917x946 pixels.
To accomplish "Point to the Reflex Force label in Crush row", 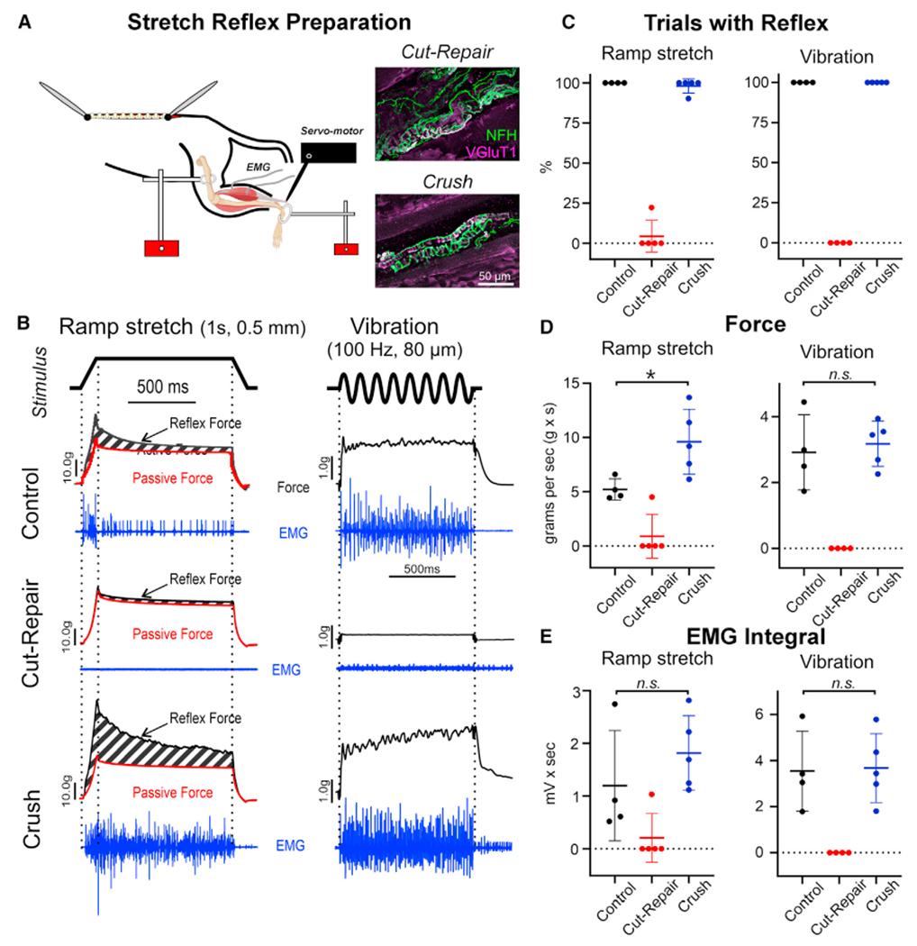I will pos(206,718).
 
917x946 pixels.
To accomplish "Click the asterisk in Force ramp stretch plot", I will pos(650,372).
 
